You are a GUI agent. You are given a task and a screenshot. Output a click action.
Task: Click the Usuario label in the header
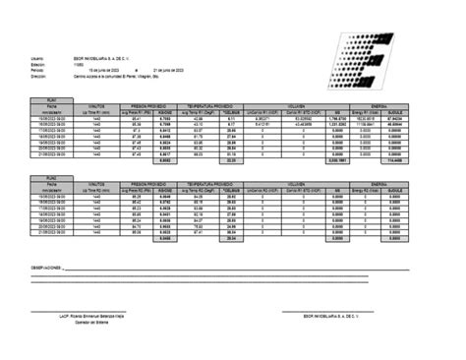pyautogui.click(x=37, y=58)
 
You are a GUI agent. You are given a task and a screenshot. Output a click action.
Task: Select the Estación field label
pyautogui.click(x=38, y=64)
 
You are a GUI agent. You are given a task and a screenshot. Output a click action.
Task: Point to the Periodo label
pyautogui.click(x=37, y=70)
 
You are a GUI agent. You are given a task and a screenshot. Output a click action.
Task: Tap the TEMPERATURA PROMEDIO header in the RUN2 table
pyautogui.click(x=221, y=183)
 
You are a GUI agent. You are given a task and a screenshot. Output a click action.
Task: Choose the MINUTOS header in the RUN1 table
pyautogui.click(x=96, y=105)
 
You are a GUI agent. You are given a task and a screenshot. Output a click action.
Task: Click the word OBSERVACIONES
pyautogui.click(x=50, y=267)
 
